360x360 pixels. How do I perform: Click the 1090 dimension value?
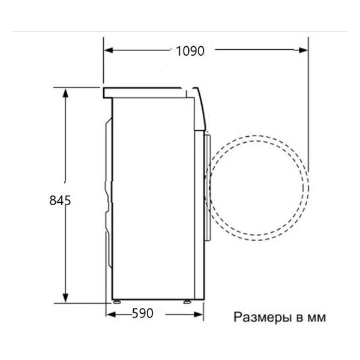coord(190,51)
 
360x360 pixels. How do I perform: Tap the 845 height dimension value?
coord(60,200)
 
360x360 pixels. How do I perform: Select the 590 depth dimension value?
coord(143,313)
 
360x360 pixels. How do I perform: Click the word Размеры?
coord(262,318)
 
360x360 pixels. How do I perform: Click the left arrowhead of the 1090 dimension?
coord(109,50)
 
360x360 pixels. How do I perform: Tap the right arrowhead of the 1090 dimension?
coord(303,50)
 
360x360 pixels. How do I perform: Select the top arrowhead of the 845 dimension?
coord(65,93)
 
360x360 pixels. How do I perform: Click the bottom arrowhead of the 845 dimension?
coord(65,298)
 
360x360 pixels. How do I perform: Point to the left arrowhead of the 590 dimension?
coord(110,314)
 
